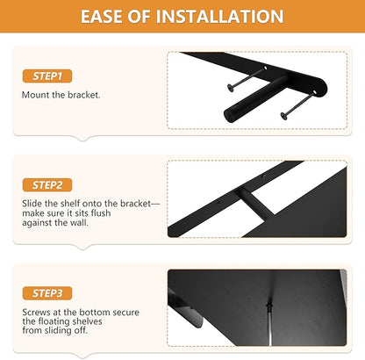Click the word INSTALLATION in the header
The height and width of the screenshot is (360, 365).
click(x=219, y=17)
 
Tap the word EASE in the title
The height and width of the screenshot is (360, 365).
click(x=101, y=17)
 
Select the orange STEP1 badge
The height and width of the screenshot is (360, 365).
click(x=47, y=76)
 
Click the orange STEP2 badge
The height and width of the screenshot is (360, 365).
click(x=47, y=185)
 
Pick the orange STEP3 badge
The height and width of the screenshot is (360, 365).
click(x=47, y=293)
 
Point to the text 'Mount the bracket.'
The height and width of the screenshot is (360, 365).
click(x=61, y=95)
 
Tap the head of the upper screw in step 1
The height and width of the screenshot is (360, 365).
click(x=231, y=88)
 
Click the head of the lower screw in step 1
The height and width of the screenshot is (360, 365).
click(x=283, y=116)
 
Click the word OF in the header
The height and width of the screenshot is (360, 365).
click(x=139, y=17)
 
